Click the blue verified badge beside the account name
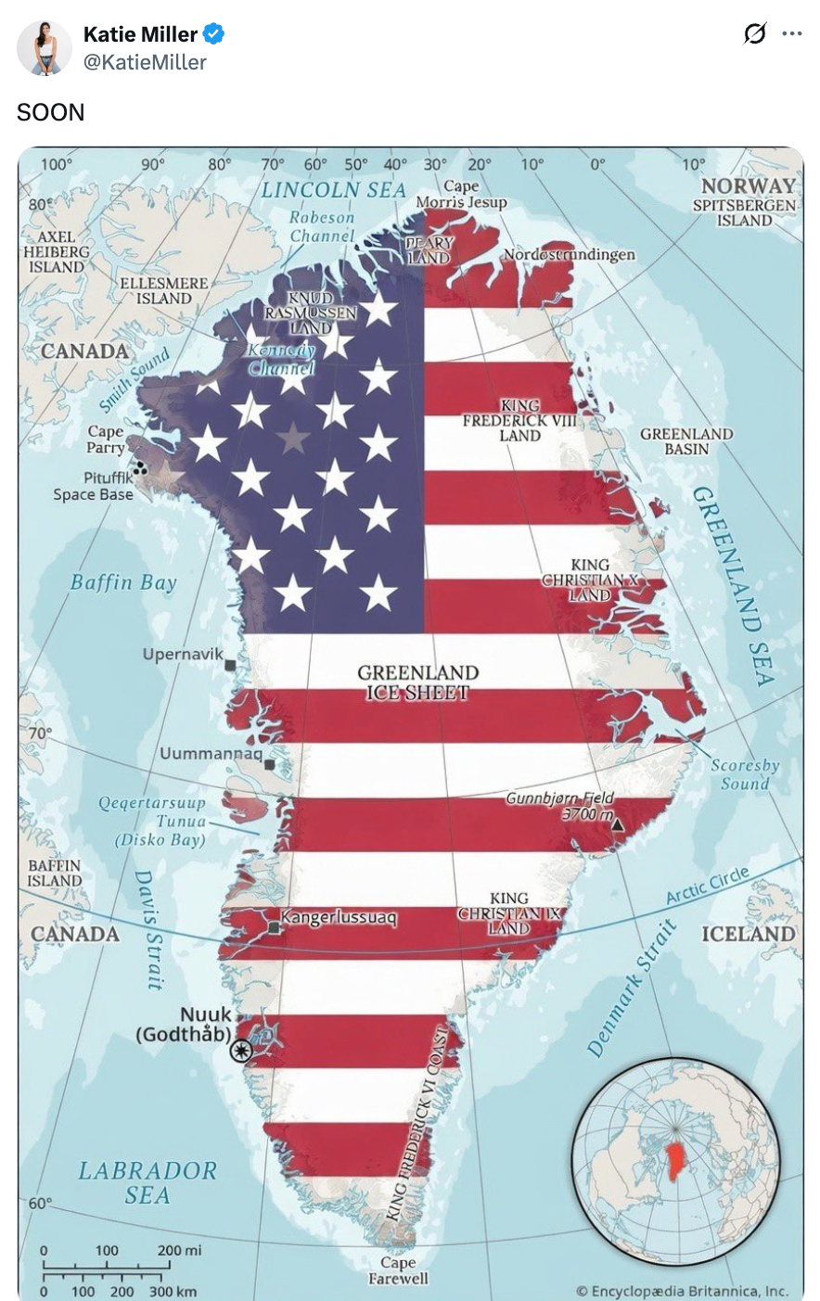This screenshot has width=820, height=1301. click(x=213, y=35)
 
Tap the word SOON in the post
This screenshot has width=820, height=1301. click(x=50, y=112)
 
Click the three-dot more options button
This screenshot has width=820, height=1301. click(x=791, y=34)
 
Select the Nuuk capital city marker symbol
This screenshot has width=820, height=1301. click(x=242, y=1050)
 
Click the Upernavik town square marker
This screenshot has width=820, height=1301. click(x=230, y=665)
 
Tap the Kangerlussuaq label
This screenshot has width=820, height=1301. click(x=339, y=918)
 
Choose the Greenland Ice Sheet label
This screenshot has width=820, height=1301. click(x=418, y=682)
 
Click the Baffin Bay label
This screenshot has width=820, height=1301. click(x=123, y=582)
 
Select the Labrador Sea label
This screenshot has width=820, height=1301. click(x=147, y=1182)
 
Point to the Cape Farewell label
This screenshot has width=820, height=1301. click(x=399, y=1270)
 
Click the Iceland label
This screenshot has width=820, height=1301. click(x=749, y=934)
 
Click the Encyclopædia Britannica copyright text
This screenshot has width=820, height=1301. click(x=682, y=1290)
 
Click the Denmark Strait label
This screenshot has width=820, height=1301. click(x=632, y=988)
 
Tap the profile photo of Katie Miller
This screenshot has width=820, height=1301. click(x=45, y=47)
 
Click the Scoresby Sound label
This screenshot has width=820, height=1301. click(x=745, y=774)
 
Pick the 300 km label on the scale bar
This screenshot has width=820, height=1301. click(x=173, y=1291)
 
